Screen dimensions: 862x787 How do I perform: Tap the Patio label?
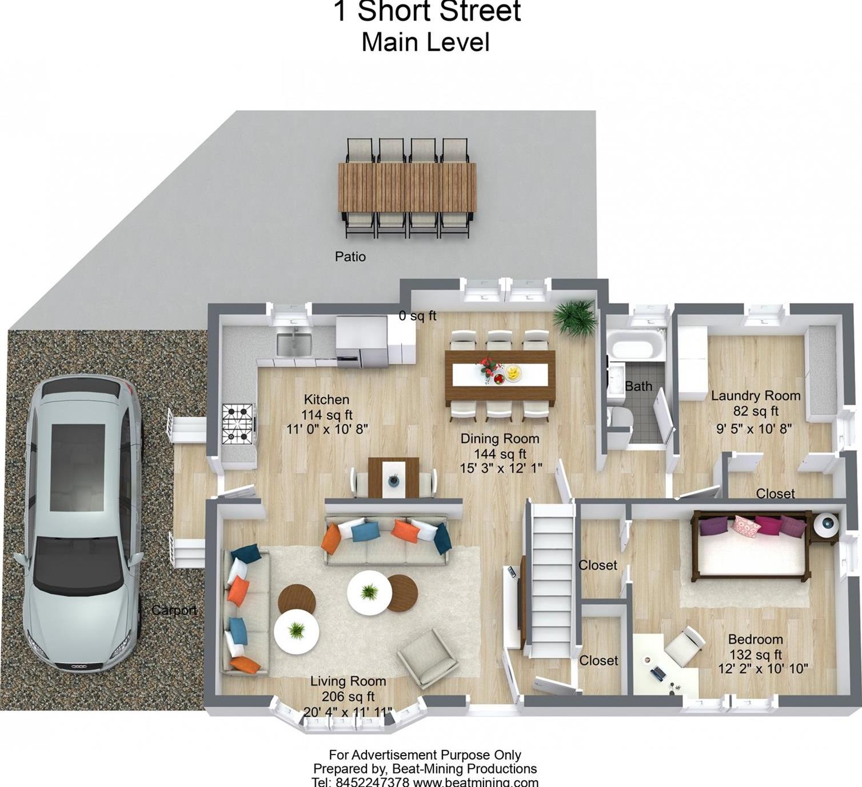pos(350,257)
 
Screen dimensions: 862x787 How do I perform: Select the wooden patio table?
pos(407,187)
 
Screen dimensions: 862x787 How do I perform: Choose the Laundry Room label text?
pos(756,396)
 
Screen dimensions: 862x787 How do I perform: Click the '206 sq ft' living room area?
pos(348,696)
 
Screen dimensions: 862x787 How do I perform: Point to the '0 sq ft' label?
pos(417,316)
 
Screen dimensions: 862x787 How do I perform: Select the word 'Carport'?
pos(174,611)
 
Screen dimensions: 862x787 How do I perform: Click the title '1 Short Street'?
pos(426,11)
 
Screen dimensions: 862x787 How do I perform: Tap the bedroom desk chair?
pos(685,646)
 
